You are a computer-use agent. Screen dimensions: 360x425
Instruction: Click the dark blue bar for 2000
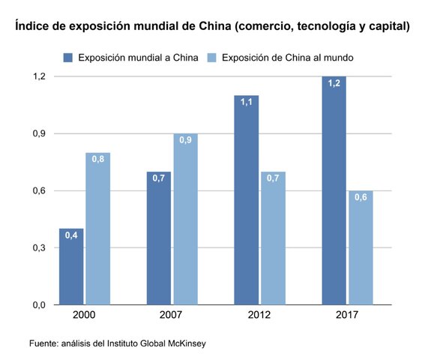point(72,266)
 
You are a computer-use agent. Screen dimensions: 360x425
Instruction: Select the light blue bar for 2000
point(97,229)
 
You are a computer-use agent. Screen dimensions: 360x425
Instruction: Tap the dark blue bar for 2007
point(159,238)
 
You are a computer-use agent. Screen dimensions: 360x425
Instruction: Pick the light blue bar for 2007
point(185,219)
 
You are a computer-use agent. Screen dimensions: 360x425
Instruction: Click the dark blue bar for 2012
point(247,199)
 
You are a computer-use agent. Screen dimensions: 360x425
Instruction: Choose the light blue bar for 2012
point(272,238)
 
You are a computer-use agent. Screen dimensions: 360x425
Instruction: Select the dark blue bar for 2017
point(334,190)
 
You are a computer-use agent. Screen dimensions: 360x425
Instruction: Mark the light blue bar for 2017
point(360,247)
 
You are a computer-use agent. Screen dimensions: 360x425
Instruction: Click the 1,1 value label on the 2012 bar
point(247,102)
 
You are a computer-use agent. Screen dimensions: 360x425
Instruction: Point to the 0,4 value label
point(72,235)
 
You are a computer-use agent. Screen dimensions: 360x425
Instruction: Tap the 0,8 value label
point(97,159)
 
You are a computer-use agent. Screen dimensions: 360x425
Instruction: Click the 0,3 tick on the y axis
point(38,247)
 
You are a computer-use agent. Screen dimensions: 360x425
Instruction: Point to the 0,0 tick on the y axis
point(38,304)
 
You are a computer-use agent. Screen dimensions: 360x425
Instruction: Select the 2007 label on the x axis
point(172,316)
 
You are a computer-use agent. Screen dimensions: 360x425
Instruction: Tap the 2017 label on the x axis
point(346,316)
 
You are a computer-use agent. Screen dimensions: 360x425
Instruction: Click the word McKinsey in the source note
point(183,343)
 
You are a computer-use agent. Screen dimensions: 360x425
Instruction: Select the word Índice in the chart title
point(33,26)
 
